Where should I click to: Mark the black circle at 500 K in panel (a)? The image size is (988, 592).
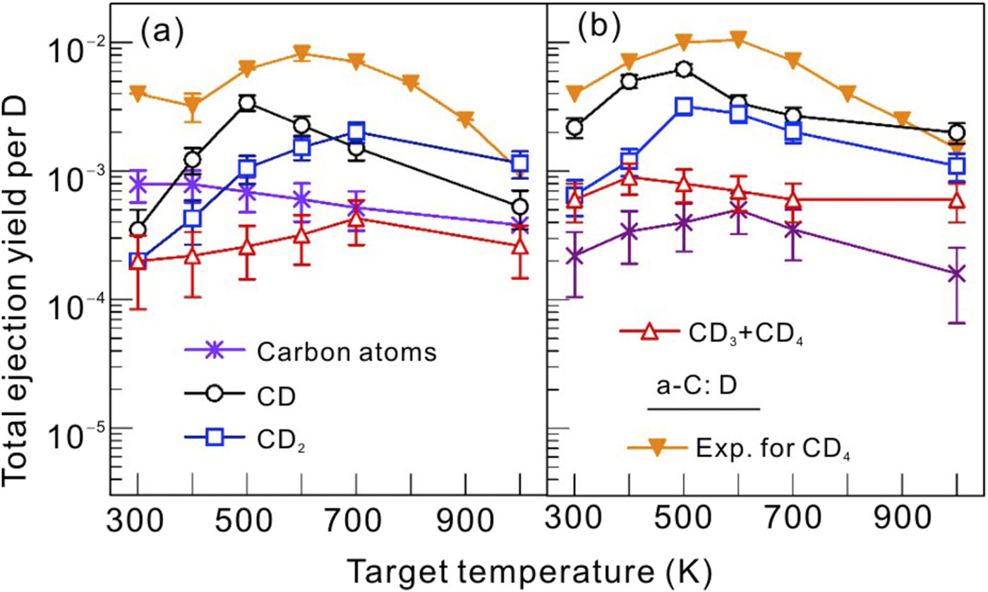(247, 103)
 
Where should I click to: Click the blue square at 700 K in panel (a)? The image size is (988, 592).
(357, 131)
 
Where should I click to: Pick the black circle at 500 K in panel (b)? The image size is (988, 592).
(684, 68)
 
